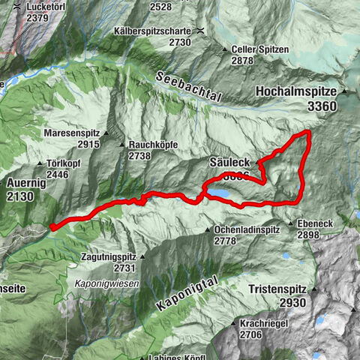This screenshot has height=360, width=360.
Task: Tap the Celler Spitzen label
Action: pos(256,49)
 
